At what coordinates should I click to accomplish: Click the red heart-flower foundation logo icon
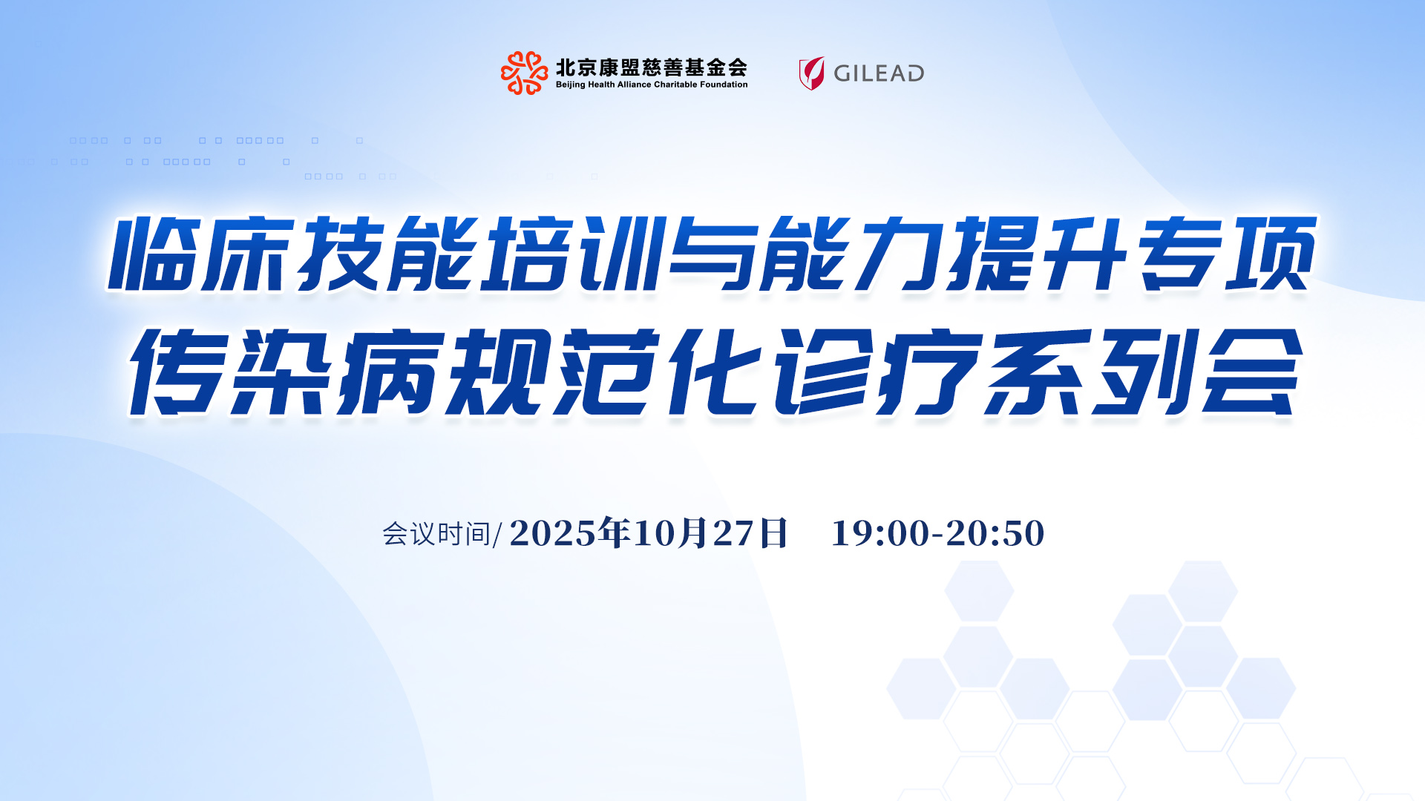click(x=525, y=73)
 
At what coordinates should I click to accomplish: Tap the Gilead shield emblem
click(x=811, y=73)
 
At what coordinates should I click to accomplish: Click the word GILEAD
click(x=879, y=73)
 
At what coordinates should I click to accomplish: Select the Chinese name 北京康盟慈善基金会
click(x=651, y=67)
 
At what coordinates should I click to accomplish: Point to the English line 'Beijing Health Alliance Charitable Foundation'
click(x=652, y=85)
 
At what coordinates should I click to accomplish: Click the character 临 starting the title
click(x=152, y=254)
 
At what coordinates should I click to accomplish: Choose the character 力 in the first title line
click(x=901, y=254)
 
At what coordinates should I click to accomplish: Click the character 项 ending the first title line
click(x=1271, y=254)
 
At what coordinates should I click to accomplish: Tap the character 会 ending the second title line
click(x=1252, y=372)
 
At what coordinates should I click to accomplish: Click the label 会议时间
click(x=436, y=534)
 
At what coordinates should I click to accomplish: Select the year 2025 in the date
click(x=553, y=533)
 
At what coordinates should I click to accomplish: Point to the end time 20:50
click(x=995, y=533)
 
